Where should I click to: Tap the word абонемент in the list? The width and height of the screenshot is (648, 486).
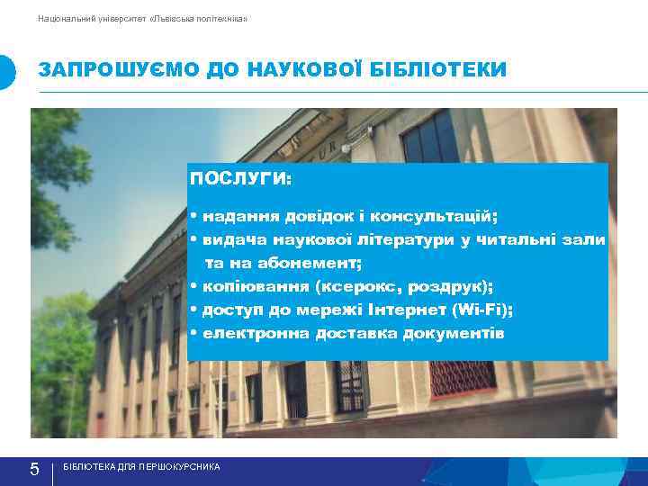pyautogui.click(x=308, y=264)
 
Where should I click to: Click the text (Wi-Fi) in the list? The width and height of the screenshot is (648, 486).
pyautogui.click(x=483, y=310)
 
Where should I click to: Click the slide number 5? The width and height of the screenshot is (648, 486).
pyautogui.click(x=34, y=469)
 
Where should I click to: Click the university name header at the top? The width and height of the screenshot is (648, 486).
pyautogui.click(x=142, y=19)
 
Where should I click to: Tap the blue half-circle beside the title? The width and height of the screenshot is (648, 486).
pyautogui.click(x=7, y=72)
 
